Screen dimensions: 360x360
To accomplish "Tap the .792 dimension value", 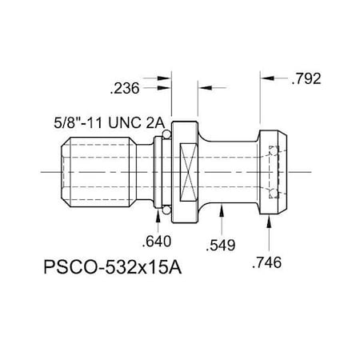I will tap(306, 79).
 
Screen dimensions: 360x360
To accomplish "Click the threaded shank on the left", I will tap(88, 173).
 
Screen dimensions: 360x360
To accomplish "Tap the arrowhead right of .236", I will tap(169, 79).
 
